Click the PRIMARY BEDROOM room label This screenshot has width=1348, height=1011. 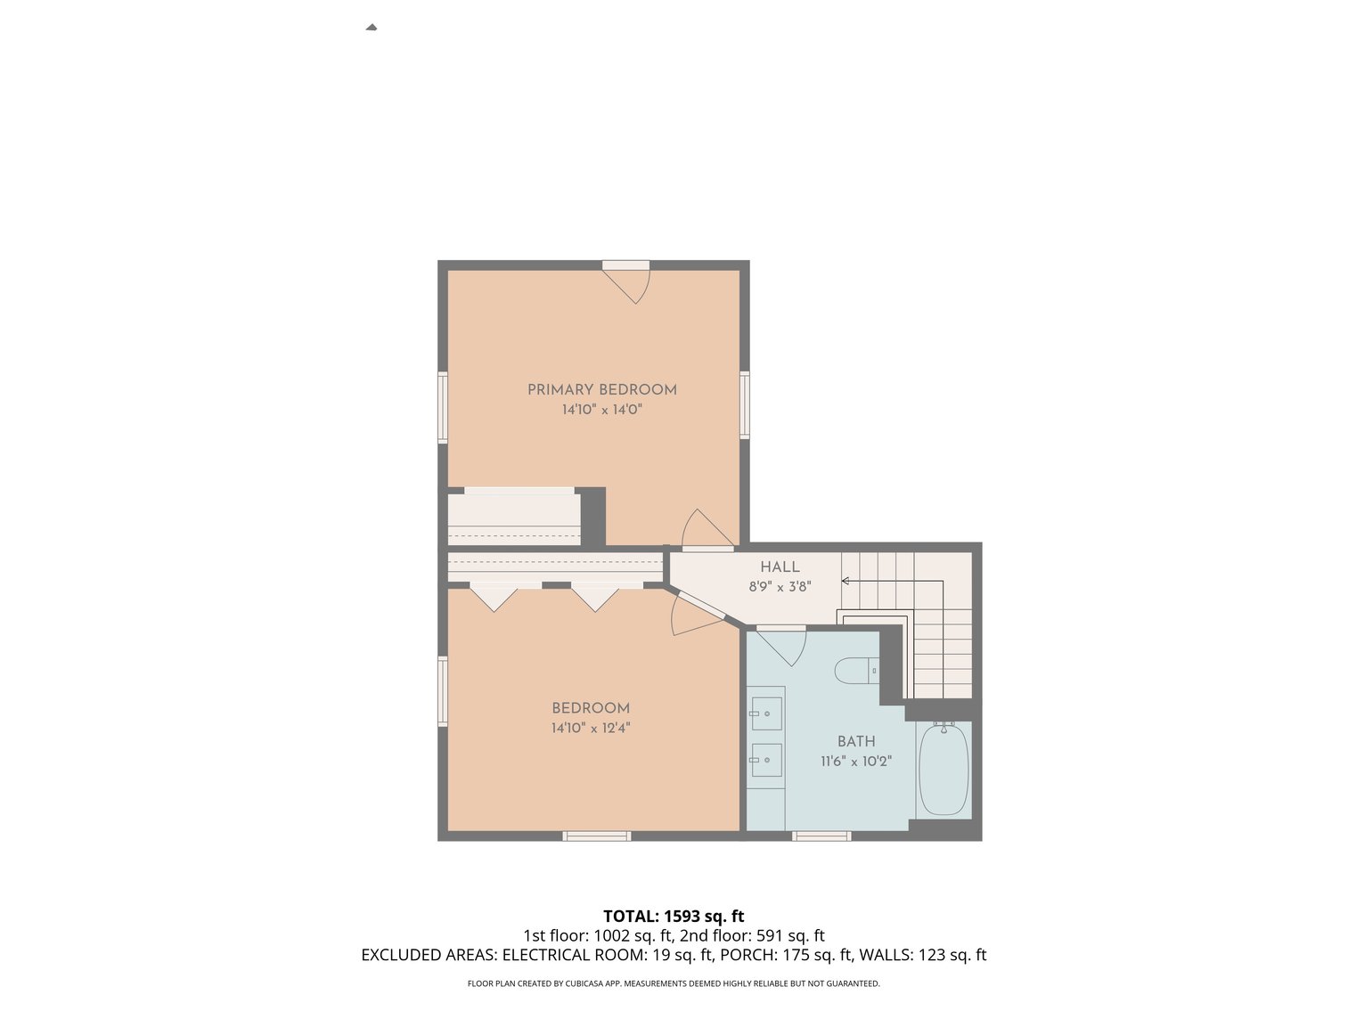coord(601,389)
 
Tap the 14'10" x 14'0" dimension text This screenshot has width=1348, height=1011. coord(601,410)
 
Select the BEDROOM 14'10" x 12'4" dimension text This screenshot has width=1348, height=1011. coord(591,728)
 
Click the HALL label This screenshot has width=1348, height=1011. coord(780,567)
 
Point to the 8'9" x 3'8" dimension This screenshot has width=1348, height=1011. coord(780,587)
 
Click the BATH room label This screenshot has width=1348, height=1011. coord(855,741)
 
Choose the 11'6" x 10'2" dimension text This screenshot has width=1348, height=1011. coord(855,762)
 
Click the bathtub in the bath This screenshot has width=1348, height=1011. coord(944,770)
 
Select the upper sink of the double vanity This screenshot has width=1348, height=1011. coord(766,713)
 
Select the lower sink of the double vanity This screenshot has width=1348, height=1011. coord(766,760)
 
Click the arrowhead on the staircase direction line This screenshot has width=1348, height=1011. coord(845,581)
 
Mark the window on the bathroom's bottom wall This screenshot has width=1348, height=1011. coord(821,836)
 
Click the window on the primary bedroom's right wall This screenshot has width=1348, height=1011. coord(745,405)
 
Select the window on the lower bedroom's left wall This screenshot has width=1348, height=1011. coord(442,691)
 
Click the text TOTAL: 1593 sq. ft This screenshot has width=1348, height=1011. coord(674,916)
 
